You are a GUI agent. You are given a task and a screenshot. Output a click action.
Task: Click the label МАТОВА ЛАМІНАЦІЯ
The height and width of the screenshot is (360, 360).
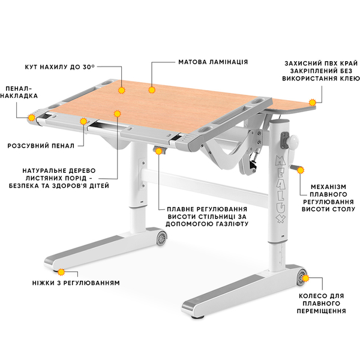pos(213,62)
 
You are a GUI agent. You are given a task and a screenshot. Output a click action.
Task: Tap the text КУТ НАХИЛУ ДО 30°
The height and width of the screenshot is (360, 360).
pos(59,67)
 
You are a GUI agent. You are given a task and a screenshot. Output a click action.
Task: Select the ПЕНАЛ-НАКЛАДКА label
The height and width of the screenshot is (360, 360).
pos(19,92)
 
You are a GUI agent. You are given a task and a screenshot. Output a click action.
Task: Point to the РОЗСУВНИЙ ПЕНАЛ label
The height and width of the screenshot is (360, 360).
pos(41,146)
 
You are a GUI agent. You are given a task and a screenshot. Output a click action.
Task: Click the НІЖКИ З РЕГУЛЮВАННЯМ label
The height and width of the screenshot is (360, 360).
pos(76,283)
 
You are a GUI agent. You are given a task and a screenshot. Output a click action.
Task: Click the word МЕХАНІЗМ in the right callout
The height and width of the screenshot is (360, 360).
pos(328,187)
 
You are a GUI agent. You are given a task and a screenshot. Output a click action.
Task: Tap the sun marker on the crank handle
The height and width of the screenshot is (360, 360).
pos(301,170)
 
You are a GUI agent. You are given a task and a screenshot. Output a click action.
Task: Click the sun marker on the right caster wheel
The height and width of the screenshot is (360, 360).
pos(305,278)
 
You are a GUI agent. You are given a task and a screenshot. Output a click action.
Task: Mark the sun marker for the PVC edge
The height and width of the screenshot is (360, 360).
pos(312,103)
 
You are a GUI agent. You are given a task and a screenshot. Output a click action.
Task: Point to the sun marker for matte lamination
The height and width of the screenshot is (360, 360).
pos(152,90)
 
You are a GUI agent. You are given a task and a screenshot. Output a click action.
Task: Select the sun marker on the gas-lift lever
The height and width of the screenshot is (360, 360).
pos(158,151)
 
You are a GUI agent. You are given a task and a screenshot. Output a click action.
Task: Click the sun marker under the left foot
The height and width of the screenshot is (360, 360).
pos(61,272)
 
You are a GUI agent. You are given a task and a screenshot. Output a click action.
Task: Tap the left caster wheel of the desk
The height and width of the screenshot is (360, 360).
pos(161,238)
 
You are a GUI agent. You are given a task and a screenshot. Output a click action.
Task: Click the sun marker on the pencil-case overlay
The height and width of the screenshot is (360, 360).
pos(31,118)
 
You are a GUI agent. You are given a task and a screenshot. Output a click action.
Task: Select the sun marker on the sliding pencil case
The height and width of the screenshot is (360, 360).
pos(83,121)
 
